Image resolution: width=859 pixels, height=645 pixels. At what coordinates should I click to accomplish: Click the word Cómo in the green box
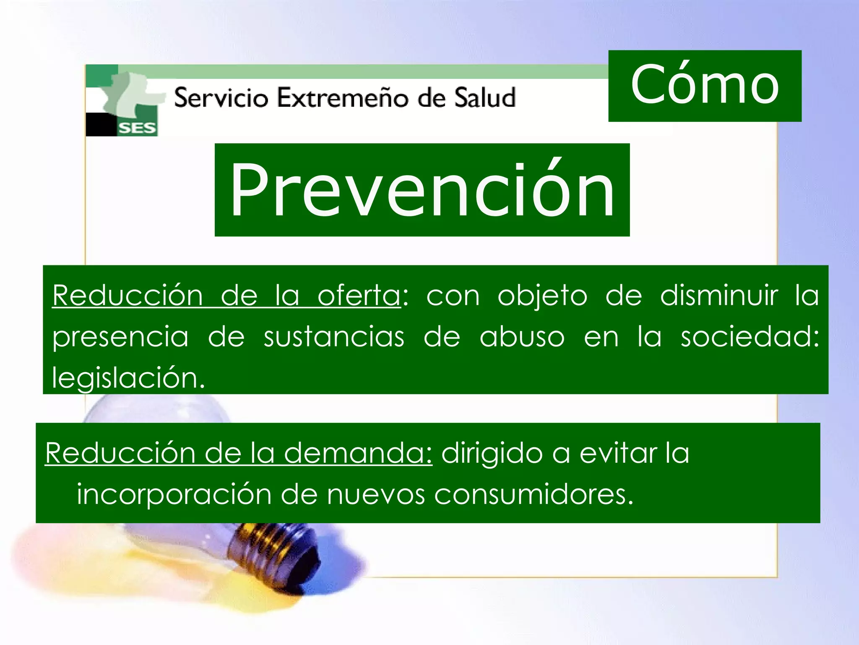click(705, 85)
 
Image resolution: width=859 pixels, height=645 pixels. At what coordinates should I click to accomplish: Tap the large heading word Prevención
click(422, 190)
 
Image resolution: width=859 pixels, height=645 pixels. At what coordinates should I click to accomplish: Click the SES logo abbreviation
click(137, 128)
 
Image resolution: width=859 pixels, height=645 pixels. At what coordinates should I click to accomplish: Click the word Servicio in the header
click(221, 98)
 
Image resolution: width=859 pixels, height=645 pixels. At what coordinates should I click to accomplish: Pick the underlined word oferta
click(359, 296)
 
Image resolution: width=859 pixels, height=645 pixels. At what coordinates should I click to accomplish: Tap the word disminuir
click(719, 296)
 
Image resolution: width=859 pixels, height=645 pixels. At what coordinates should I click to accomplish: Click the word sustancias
click(334, 337)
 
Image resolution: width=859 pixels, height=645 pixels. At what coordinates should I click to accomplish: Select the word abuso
click(522, 337)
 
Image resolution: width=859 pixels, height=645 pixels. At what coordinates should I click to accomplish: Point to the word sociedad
click(749, 337)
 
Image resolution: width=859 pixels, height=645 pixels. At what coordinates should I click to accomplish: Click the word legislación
click(128, 378)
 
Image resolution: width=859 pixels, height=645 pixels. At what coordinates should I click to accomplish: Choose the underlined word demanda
click(357, 453)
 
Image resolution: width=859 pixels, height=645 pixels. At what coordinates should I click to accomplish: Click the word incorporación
click(174, 494)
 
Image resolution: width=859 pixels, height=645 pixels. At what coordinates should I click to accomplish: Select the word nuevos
click(375, 494)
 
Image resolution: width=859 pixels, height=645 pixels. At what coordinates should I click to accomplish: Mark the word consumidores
click(533, 494)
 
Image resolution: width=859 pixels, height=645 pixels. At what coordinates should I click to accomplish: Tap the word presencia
click(120, 338)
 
